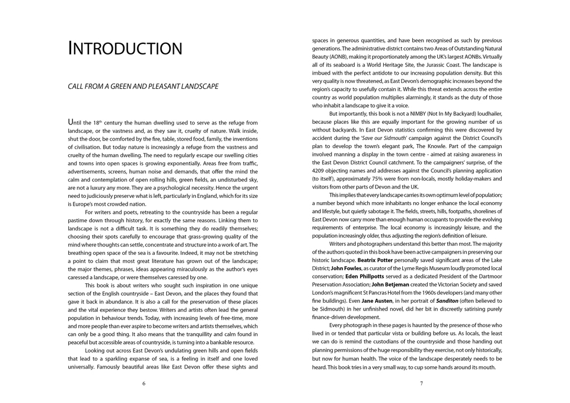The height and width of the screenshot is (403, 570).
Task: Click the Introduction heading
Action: [125, 48]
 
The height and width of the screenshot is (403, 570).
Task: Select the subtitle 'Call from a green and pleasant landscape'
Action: [143, 87]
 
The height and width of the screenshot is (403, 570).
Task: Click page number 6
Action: [144, 383]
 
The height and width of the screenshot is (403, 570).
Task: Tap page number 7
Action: [421, 383]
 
